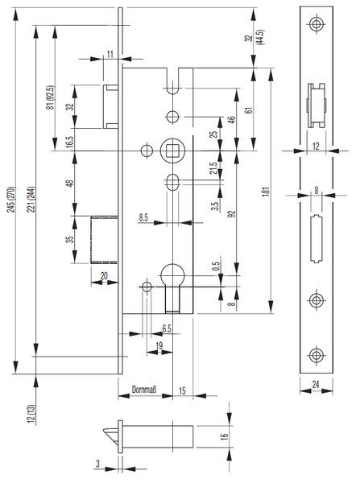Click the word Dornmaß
click(144, 390)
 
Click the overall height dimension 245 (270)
click(12, 199)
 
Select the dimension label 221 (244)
click(31, 200)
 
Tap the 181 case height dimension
click(267, 191)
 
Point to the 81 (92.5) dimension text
click(51, 97)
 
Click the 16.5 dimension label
click(70, 142)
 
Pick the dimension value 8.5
click(143, 217)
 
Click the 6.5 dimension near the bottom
click(167, 328)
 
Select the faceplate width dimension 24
click(316, 384)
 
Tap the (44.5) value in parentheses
click(261, 38)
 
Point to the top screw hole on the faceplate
click(317, 24)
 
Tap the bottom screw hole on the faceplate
click(317, 355)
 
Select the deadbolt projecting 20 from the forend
click(104, 240)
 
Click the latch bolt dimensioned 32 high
click(110, 106)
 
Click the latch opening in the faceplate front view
click(317, 105)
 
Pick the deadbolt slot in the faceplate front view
click(317, 238)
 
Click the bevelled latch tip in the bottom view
click(110, 435)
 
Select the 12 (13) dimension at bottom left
click(31, 414)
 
